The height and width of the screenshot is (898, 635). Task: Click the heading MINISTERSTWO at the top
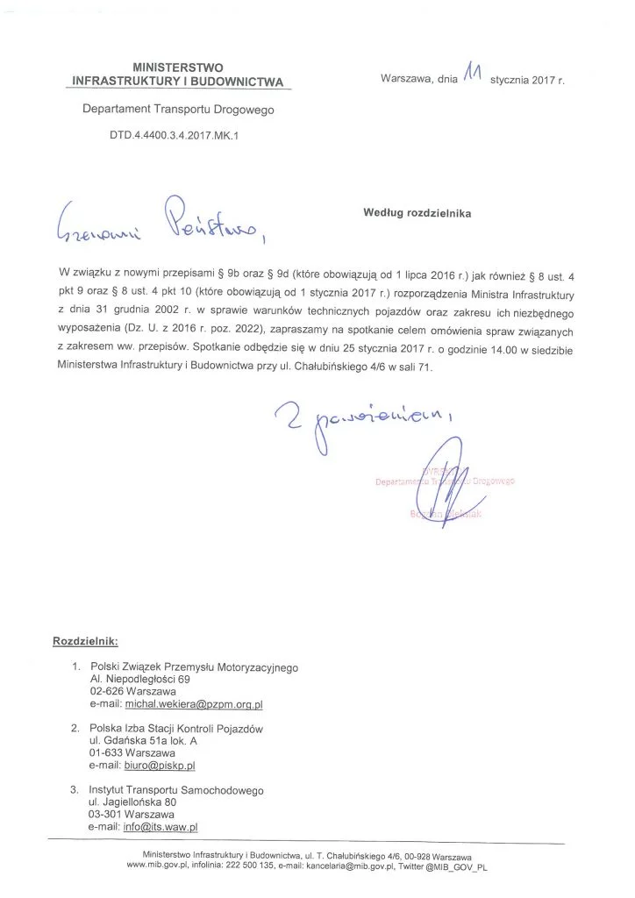pyautogui.click(x=178, y=67)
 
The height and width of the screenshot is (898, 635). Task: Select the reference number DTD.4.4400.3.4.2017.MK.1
pyautogui.click(x=162, y=138)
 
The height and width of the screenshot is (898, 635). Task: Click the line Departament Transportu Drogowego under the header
pyautogui.click(x=178, y=110)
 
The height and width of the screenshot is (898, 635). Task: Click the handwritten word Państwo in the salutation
pyautogui.click(x=208, y=223)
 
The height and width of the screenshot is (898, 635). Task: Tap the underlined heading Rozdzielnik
pyautogui.click(x=85, y=641)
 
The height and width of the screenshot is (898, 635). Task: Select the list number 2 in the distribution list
pyautogui.click(x=75, y=728)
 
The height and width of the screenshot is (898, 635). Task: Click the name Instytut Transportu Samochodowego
pyautogui.click(x=176, y=789)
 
